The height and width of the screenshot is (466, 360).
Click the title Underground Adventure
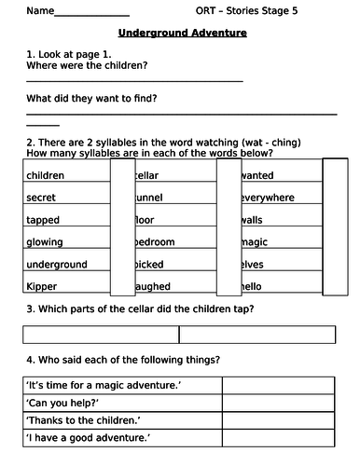tap(183, 33)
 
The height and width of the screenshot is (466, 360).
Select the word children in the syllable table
tap(46, 175)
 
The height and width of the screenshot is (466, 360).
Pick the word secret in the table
tap(42, 198)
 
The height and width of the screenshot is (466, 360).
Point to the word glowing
tap(46, 241)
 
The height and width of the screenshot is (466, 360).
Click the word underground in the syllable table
tap(56, 264)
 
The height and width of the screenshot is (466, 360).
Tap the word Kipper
tap(42, 286)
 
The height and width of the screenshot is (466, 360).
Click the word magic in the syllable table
tap(256, 241)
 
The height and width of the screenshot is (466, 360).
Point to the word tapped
tap(43, 220)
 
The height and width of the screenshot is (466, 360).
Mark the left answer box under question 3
tap(101, 334)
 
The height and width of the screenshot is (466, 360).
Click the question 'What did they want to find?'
tap(91, 98)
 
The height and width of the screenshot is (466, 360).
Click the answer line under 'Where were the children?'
tap(135, 81)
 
